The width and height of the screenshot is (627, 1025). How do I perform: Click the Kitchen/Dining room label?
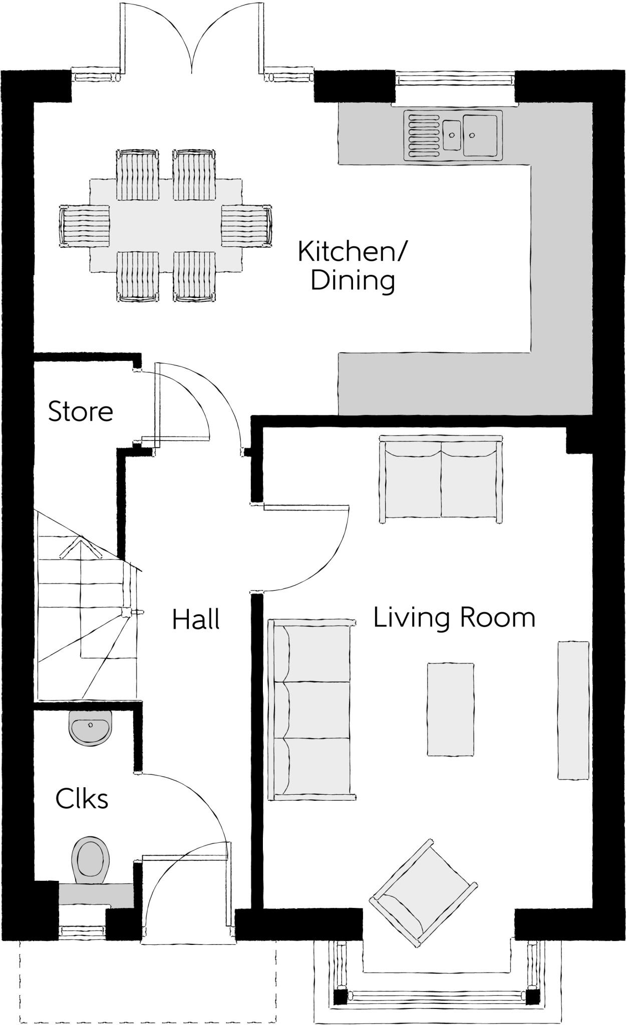(x=353, y=266)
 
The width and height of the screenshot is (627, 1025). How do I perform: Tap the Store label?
(x=81, y=411)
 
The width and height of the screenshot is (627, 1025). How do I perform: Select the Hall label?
(x=196, y=619)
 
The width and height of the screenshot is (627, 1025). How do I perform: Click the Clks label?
(x=82, y=798)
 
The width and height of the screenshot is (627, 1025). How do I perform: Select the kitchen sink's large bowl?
(x=481, y=135)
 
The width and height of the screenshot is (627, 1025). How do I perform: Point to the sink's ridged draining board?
(x=423, y=135)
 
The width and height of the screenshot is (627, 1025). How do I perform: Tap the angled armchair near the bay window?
(x=423, y=893)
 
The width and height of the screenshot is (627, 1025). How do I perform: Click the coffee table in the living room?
(x=451, y=709)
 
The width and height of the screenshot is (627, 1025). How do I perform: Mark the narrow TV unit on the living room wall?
(x=573, y=710)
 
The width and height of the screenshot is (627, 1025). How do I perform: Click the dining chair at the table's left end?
(x=84, y=226)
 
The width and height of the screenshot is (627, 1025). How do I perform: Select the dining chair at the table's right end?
(x=247, y=226)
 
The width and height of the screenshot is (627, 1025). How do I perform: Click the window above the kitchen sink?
(x=455, y=79)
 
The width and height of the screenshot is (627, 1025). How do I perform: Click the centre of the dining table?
(x=166, y=225)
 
